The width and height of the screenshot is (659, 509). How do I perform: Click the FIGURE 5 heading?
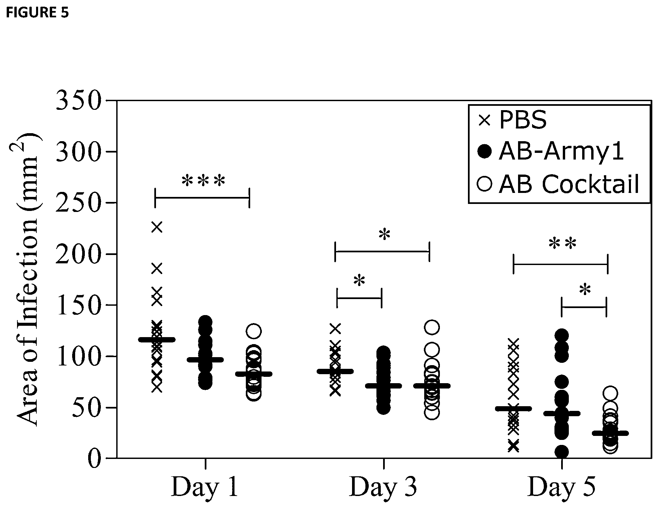[x=37, y=13]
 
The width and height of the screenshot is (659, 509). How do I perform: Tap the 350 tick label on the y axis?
[x=78, y=100]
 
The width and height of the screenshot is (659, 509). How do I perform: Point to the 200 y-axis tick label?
[x=78, y=254]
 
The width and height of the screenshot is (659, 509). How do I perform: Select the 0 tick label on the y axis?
[x=94, y=458]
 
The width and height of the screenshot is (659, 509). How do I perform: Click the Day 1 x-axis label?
[x=205, y=488]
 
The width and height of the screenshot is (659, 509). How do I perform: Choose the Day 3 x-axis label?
[x=383, y=488]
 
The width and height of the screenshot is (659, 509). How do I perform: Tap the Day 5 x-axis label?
[x=562, y=488]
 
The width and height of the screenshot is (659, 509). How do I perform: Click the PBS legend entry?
[x=513, y=120]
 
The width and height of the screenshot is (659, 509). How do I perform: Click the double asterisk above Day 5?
[x=563, y=244]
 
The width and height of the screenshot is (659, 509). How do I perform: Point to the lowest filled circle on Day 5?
[x=561, y=452]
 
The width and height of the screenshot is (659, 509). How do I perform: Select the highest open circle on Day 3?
[x=432, y=327]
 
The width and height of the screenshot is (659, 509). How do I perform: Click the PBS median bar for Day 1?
[x=157, y=340]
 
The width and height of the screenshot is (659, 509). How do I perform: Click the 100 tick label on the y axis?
[x=78, y=356]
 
